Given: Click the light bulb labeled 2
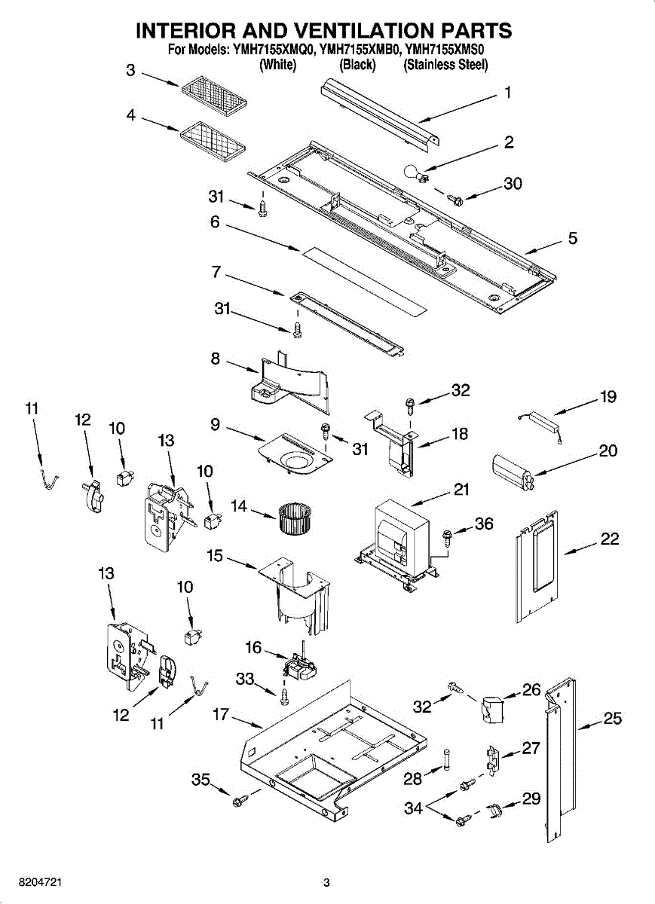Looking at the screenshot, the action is [x=416, y=173].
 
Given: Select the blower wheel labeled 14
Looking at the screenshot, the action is [x=294, y=518].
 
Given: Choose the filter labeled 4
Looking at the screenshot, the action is [x=213, y=139].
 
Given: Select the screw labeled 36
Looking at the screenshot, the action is [x=448, y=536].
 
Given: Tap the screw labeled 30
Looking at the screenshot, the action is [x=455, y=199].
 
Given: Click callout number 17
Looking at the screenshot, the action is [x=221, y=714].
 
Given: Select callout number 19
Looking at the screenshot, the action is [x=608, y=396].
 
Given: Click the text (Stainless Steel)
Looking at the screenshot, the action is [x=445, y=65].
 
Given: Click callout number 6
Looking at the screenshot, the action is [x=216, y=221].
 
